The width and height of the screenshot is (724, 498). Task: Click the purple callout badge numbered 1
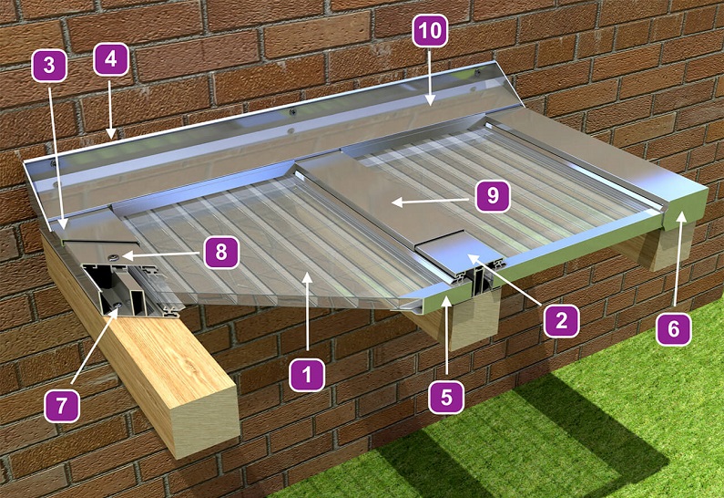[307, 375]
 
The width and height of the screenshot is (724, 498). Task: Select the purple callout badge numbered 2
[562, 320]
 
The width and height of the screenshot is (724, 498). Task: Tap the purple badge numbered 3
[49, 66]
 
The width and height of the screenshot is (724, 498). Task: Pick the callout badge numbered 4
[111, 59]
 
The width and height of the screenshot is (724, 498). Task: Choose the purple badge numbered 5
[446, 397]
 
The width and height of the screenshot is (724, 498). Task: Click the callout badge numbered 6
[674, 328]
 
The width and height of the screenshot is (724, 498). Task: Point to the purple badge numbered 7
[62, 406]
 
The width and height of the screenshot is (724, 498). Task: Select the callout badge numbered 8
[221, 253]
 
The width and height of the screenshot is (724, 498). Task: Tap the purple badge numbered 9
[493, 196]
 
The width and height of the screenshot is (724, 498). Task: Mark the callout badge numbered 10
[431, 30]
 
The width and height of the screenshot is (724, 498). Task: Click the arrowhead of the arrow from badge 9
[396, 202]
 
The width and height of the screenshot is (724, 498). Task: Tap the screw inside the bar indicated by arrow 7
[119, 304]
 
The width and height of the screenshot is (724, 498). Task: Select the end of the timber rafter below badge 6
[668, 250]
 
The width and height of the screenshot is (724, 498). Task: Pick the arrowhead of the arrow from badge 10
[430, 100]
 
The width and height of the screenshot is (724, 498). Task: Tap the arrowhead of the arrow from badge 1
[308, 277]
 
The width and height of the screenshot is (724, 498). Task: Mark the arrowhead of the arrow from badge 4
[112, 134]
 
